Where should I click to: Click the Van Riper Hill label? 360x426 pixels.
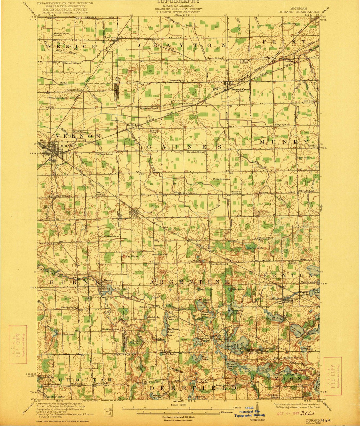pyautogui.click(x=134, y=256)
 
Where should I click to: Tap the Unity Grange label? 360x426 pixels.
pyautogui.click(x=222, y=179)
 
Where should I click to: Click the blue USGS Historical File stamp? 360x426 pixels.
pyautogui.click(x=250, y=412)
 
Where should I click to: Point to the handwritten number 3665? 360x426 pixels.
pyautogui.click(x=308, y=413)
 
